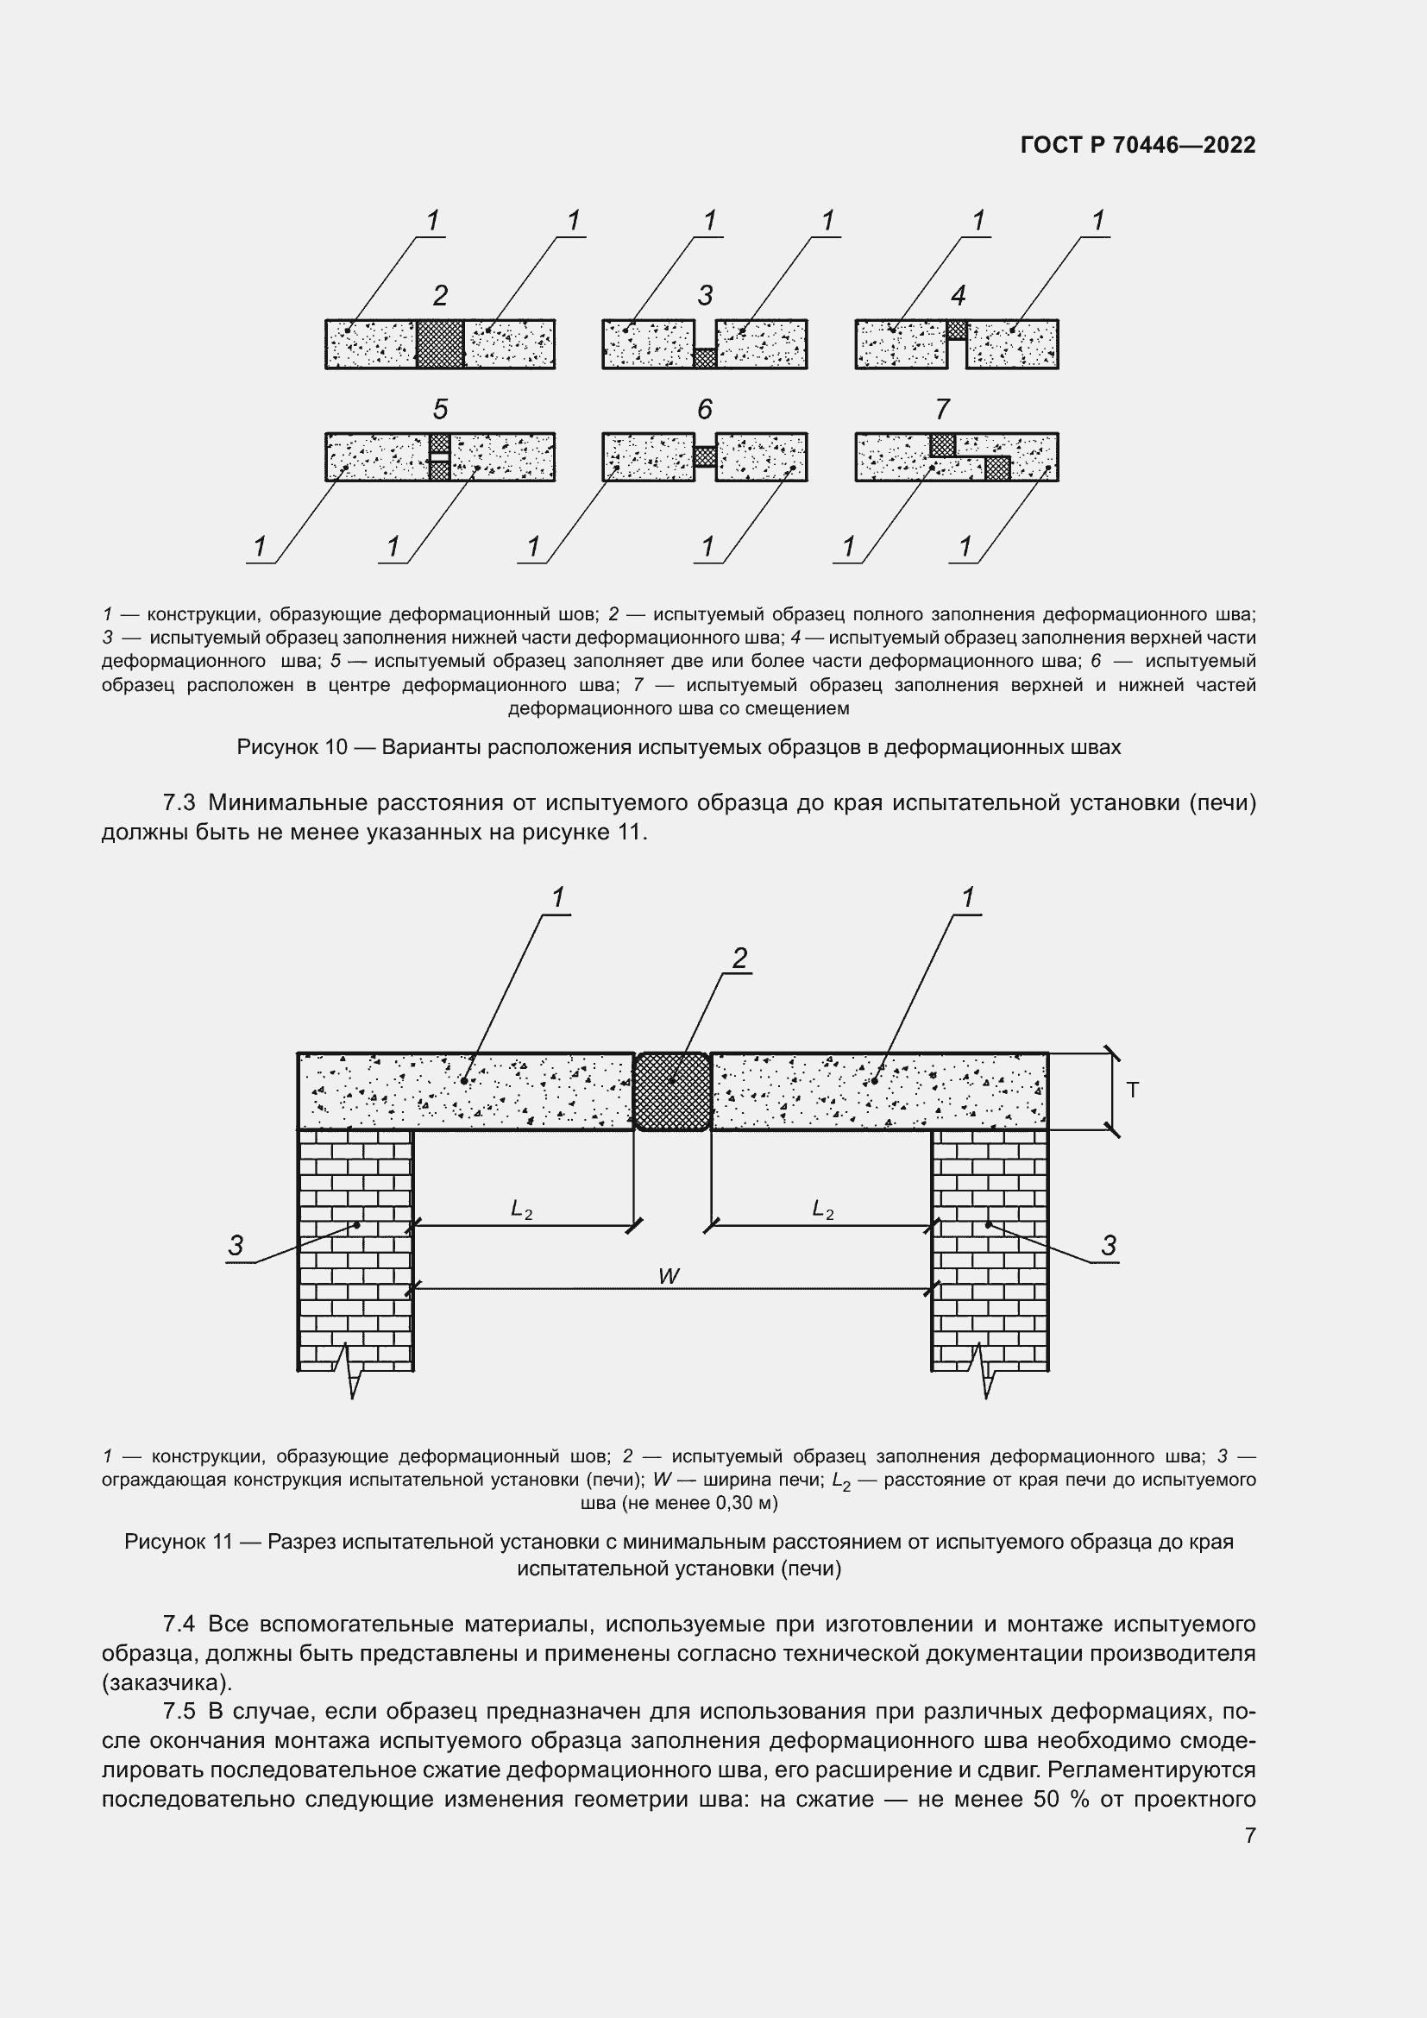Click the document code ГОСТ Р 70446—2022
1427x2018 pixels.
pyautogui.click(x=1138, y=145)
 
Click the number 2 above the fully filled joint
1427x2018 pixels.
pyautogui.click(x=440, y=295)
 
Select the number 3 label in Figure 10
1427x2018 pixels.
pyautogui.click(x=705, y=295)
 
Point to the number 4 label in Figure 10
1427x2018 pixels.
pyautogui.click(x=958, y=295)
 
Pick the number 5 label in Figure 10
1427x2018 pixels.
pyautogui.click(x=440, y=409)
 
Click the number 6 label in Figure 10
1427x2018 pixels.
pyautogui.click(x=705, y=409)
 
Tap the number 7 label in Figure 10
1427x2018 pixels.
pyautogui.click(x=942, y=409)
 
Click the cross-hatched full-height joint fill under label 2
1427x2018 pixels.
pyautogui.click(x=439, y=343)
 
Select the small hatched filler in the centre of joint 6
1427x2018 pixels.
pyautogui.click(x=705, y=457)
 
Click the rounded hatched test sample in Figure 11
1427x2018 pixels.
pyautogui.click(x=672, y=1091)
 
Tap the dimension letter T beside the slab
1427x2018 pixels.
pyautogui.click(x=1133, y=1091)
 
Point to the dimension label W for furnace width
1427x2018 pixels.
pyautogui.click(x=669, y=1276)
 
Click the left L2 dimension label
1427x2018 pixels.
pyautogui.click(x=521, y=1210)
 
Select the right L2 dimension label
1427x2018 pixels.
pyautogui.click(x=822, y=1210)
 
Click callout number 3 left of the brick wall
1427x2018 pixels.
pyautogui.click(x=236, y=1246)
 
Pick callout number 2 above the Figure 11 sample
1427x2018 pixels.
pyautogui.click(x=740, y=958)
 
